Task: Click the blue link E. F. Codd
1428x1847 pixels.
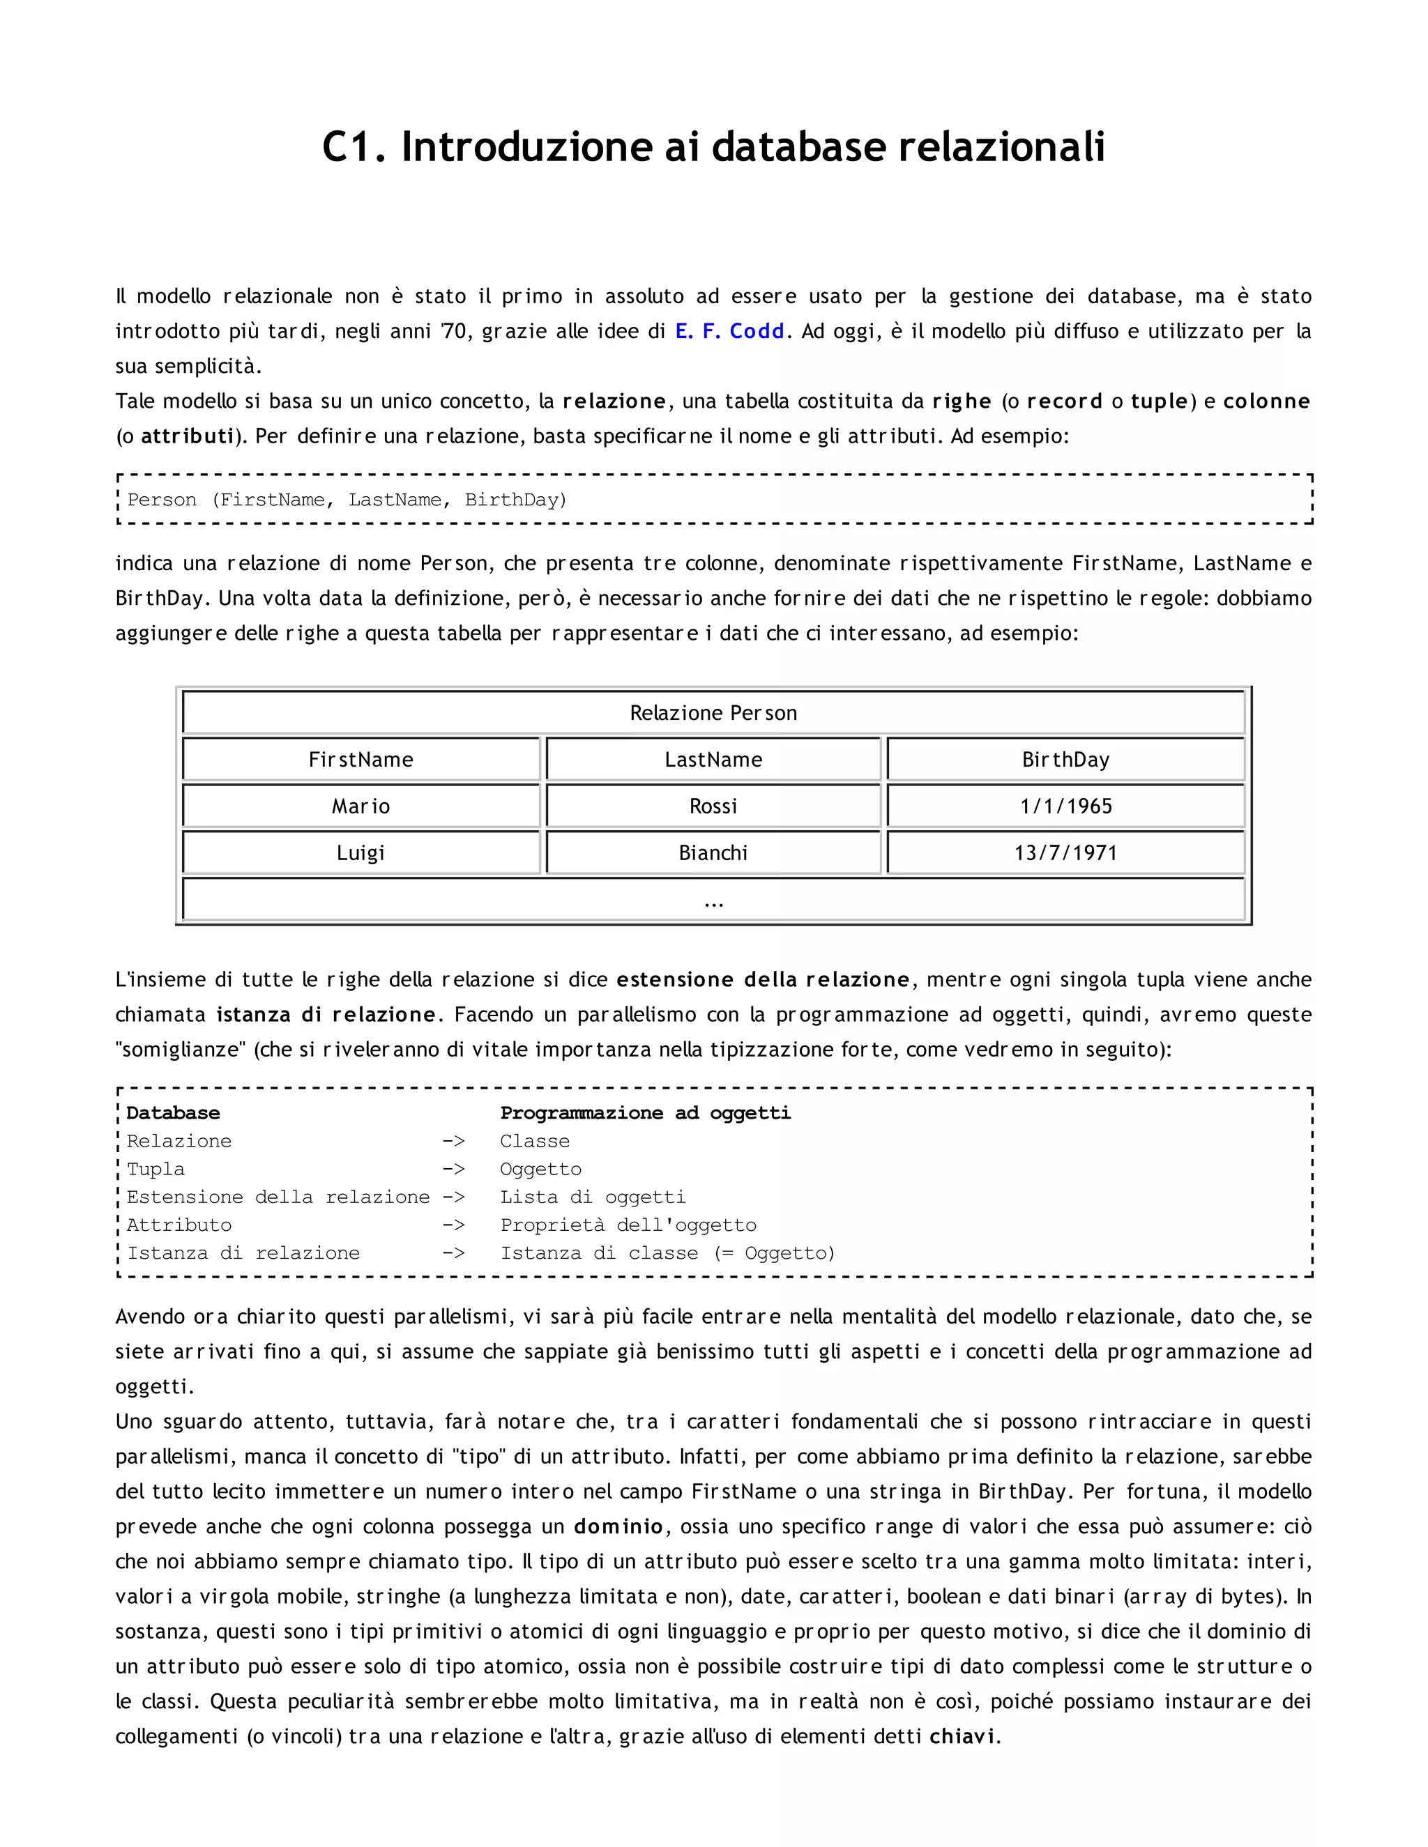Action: [x=729, y=332]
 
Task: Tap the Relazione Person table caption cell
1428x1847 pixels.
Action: [x=713, y=713]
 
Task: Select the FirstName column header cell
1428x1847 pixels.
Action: [x=360, y=760]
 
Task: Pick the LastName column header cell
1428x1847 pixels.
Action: [x=713, y=760]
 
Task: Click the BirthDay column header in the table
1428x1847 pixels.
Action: [x=1065, y=760]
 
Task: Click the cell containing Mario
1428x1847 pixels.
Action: [x=360, y=806]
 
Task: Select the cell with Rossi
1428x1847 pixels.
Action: [x=713, y=806]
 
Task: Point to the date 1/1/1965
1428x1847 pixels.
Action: [x=1065, y=806]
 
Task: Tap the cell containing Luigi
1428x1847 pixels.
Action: [x=360, y=852]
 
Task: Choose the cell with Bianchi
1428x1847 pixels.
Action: [x=713, y=852]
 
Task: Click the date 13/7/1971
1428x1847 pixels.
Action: [x=1065, y=852]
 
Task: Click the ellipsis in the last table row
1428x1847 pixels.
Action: [x=713, y=901]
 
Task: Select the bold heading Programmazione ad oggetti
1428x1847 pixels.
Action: [x=645, y=1113]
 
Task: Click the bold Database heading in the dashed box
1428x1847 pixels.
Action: [x=173, y=1113]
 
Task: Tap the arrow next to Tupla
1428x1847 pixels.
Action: [x=453, y=1169]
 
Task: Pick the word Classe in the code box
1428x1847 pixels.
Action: [x=535, y=1141]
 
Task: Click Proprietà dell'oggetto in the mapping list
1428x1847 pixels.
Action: [x=628, y=1225]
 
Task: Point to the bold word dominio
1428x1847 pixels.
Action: [x=618, y=1526]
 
